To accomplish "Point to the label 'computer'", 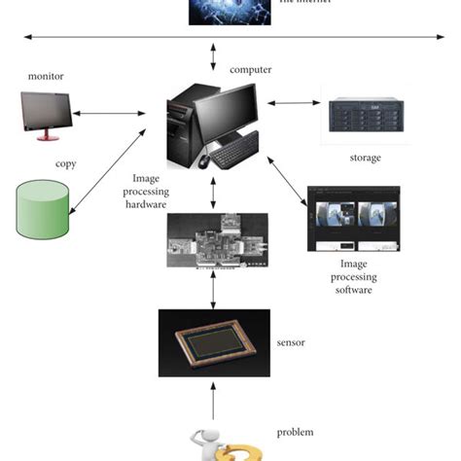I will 250,70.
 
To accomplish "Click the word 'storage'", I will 365,158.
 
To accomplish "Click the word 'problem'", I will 296,432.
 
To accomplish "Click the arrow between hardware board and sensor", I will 212,289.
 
